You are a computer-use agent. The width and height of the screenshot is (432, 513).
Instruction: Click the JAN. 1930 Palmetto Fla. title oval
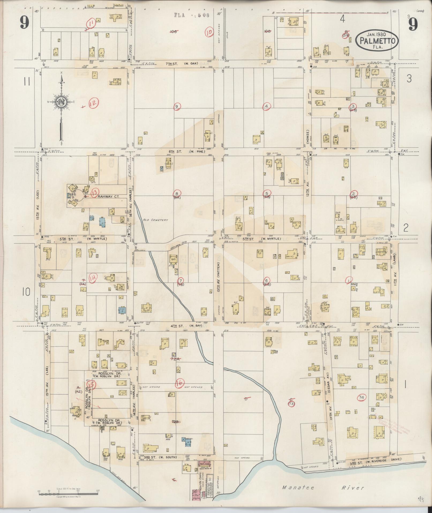pos(377,40)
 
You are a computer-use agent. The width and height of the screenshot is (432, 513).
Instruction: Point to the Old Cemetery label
pos(156,220)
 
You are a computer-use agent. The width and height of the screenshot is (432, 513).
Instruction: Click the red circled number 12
pos(94,104)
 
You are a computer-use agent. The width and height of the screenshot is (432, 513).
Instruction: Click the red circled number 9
pos(176,106)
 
